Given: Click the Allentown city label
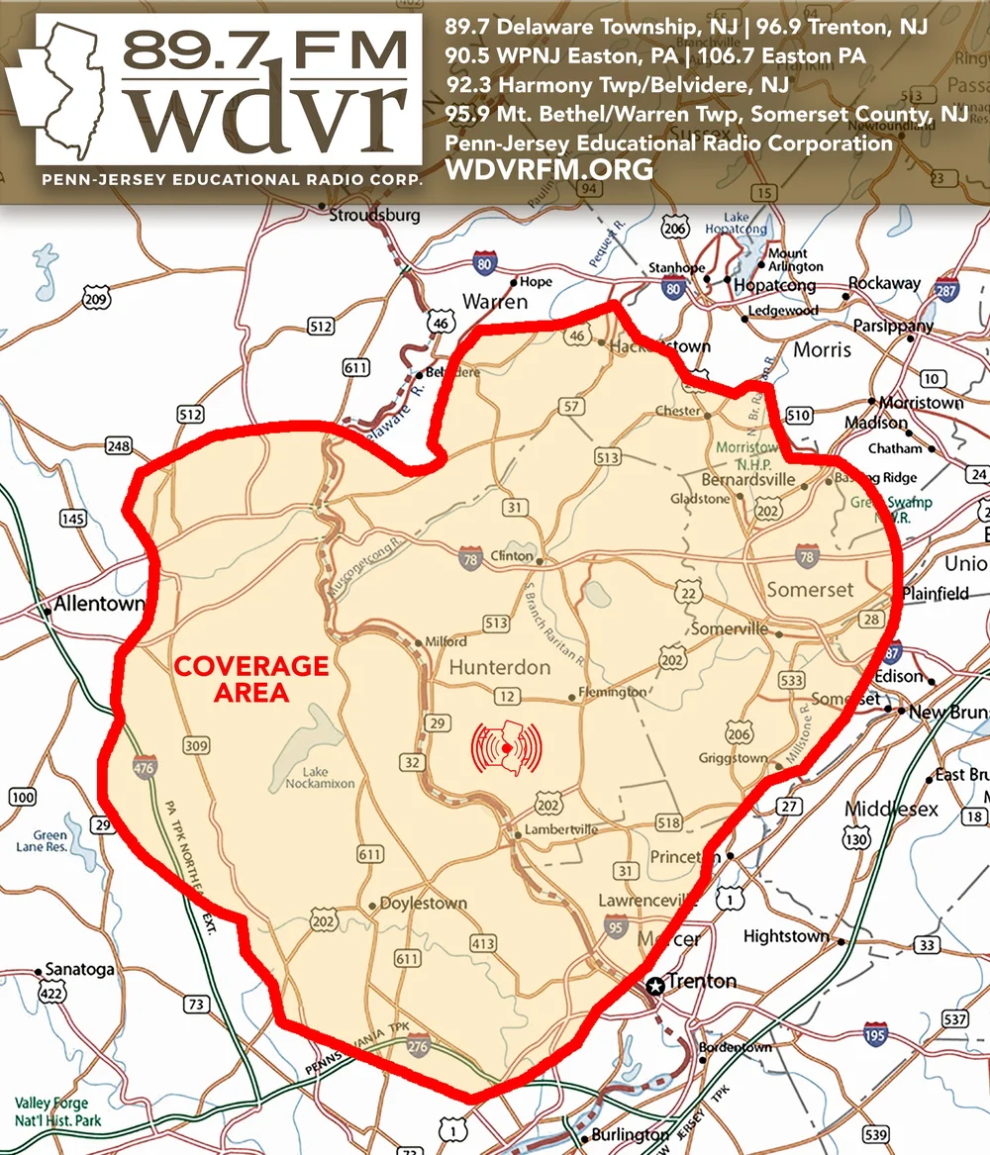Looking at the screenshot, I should pos(99,603).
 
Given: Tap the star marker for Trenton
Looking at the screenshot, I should pos(654,985).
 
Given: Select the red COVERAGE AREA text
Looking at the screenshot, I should pos(251,678).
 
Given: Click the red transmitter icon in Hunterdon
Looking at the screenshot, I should pos(507,747).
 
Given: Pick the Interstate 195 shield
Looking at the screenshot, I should pos(875,1033).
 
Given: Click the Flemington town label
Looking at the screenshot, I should pos(612,693).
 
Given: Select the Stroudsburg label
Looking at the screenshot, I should pos(374,215).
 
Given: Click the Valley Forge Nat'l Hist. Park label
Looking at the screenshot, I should pos(51,1110).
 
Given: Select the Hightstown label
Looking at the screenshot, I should pos(786,935).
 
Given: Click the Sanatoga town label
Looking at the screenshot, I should pos(81,970).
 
